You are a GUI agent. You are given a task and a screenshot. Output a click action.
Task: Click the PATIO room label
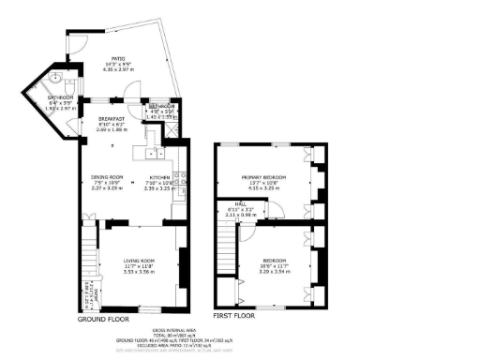(119, 56)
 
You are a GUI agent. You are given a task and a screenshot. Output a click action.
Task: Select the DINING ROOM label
(107, 176)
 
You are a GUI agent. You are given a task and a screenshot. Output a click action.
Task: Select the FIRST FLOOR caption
(234, 316)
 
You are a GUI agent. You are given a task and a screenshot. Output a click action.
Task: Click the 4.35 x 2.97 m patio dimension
(119, 69)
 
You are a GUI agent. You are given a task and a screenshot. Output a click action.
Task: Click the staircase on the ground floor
(89, 258)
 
